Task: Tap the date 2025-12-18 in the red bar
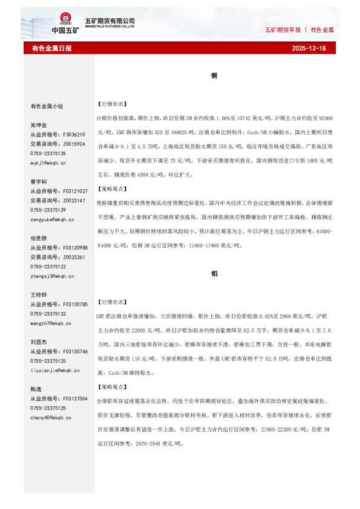[309, 48]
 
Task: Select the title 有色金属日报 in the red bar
[51, 48]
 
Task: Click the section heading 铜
[214, 76]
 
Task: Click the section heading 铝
[214, 273]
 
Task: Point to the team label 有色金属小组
[47, 106]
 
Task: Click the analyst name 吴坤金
[39, 125]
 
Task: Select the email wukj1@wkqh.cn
[48, 163]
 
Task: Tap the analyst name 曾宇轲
[39, 181]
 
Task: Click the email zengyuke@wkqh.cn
[53, 219]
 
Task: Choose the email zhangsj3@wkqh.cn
[51, 276]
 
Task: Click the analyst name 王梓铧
[39, 294]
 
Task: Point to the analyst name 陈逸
[36, 389]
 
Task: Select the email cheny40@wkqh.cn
[50, 417]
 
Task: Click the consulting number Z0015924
[74, 144]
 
